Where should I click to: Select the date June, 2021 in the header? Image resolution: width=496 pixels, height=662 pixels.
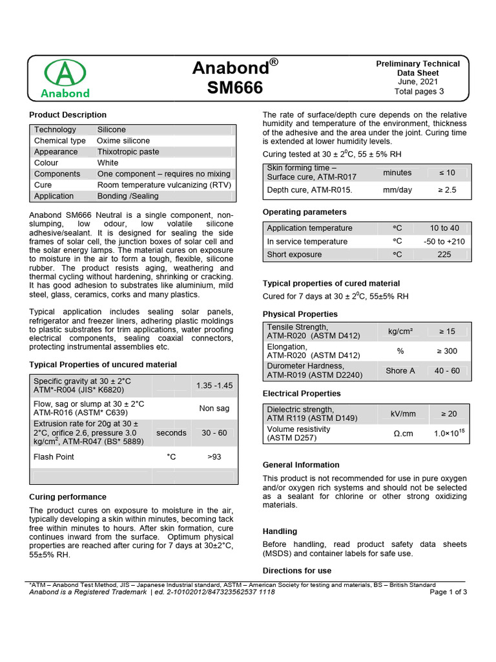pyautogui.click(x=418, y=82)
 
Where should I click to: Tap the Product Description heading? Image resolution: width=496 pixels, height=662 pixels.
pyautogui.click(x=68, y=114)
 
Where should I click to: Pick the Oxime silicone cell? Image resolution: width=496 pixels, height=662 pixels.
pyautogui.click(x=123, y=141)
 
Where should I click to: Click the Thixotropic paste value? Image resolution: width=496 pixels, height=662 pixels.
pyautogui.click(x=128, y=152)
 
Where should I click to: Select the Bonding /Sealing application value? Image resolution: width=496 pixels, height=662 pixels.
pyautogui.click(x=129, y=196)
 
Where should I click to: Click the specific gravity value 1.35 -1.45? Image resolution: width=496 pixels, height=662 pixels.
pyautogui.click(x=214, y=385)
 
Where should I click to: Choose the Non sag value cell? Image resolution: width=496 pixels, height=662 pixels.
pyautogui.click(x=215, y=409)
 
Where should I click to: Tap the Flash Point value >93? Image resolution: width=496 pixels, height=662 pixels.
pyautogui.click(x=214, y=457)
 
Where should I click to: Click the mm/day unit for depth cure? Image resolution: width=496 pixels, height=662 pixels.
pyautogui.click(x=397, y=190)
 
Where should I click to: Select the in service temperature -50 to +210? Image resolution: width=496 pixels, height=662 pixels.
pyautogui.click(x=443, y=242)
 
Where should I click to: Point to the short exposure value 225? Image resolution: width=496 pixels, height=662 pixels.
pyautogui.click(x=444, y=255)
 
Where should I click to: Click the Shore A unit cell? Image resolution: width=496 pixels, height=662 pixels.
pyautogui.click(x=400, y=371)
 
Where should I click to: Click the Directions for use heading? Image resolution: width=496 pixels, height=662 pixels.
pyautogui.click(x=296, y=571)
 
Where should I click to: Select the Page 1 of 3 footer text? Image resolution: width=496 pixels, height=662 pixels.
pyautogui.click(x=448, y=592)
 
